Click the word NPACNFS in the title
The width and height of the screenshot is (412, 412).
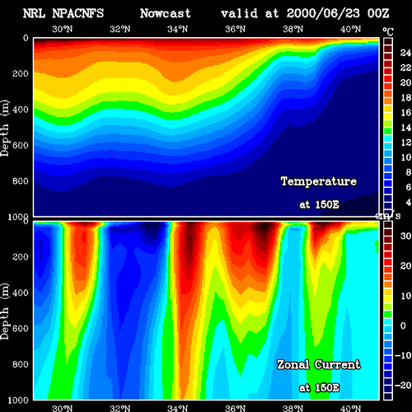pos(78,13)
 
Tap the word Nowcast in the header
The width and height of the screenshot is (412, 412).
pos(166,13)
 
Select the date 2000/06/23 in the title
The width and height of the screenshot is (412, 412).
pos(323,13)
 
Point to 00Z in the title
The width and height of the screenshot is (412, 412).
pos(378,13)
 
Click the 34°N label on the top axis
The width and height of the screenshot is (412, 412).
pos(178,29)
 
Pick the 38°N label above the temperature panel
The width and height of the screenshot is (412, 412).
pos(293,29)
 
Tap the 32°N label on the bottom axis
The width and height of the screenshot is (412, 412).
pos(120,408)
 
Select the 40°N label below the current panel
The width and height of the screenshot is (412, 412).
pos(351,408)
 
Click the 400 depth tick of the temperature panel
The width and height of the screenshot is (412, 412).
pos(21,110)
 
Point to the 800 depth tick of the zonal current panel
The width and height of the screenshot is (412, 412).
pos(21,364)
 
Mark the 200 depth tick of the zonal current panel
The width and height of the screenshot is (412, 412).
pos(21,257)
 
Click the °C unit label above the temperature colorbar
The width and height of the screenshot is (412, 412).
pos(388,32)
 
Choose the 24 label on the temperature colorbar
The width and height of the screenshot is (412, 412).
pos(405,53)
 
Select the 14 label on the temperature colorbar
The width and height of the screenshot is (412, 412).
pos(405,128)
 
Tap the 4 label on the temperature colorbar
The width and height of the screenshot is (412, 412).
pos(409,203)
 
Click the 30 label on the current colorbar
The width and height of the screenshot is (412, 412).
pos(405,236)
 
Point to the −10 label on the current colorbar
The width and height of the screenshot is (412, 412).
pos(403,355)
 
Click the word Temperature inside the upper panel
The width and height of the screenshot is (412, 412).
pos(319,181)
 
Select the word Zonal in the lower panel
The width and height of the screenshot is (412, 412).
pos(293,365)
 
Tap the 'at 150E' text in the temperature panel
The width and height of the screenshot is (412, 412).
pos(319,204)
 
